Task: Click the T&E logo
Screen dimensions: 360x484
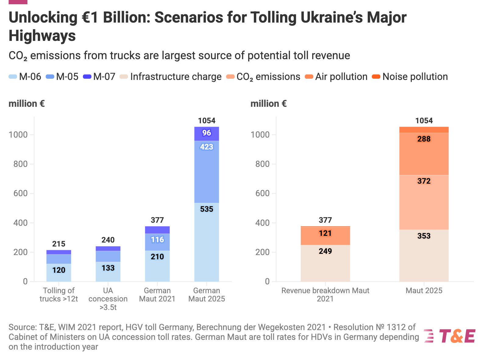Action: pyautogui.click(x=450, y=336)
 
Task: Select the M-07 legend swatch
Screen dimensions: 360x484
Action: pyautogui.click(x=87, y=77)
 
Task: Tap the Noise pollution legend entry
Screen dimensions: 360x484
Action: pyautogui.click(x=410, y=77)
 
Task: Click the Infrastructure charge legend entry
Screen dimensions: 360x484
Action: pyautogui.click(x=171, y=77)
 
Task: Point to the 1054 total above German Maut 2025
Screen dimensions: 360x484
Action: pyautogui.click(x=207, y=121)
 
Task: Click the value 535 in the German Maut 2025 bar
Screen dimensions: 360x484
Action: pyautogui.click(x=207, y=209)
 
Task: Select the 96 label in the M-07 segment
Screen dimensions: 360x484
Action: pyautogui.click(x=207, y=133)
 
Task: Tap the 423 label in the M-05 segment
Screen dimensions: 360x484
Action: pyautogui.click(x=207, y=147)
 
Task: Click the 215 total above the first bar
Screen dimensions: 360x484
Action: pyautogui.click(x=59, y=244)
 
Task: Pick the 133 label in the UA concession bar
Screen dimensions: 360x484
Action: pyautogui.click(x=108, y=268)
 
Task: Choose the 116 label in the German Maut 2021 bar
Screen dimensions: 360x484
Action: pyautogui.click(x=157, y=240)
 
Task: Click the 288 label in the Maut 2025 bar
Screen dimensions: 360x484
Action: pyautogui.click(x=424, y=139)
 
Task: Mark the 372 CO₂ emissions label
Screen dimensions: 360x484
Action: pyautogui.click(x=424, y=181)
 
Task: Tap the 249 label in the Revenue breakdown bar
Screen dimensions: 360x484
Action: pyautogui.click(x=325, y=251)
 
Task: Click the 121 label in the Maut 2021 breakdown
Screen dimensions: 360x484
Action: pyautogui.click(x=325, y=233)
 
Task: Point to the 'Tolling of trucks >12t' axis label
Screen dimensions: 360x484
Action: pyautogui.click(x=59, y=295)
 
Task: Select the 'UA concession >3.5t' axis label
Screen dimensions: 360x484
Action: pyautogui.click(x=108, y=299)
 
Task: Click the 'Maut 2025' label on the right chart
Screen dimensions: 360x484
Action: pyautogui.click(x=424, y=291)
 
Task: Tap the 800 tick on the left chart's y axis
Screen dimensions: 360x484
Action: pyautogui.click(x=21, y=164)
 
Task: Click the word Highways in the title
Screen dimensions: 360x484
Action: pyautogui.click(x=42, y=36)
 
